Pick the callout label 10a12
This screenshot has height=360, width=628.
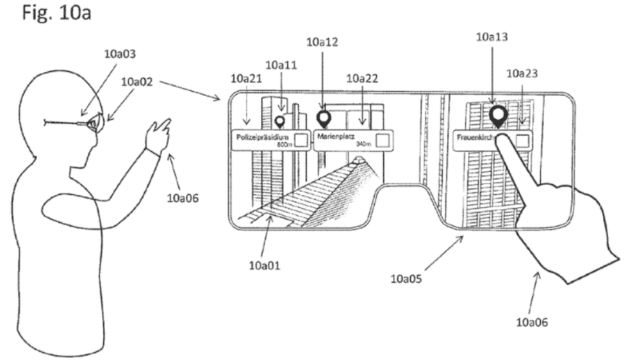(322, 42)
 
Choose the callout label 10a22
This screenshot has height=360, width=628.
(362, 78)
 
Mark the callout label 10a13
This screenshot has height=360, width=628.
(492, 37)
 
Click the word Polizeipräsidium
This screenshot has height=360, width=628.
(263, 136)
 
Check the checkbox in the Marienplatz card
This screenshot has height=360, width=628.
(383, 141)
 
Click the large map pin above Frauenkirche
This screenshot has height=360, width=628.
(498, 115)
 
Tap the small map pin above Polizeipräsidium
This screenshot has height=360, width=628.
(279, 120)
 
